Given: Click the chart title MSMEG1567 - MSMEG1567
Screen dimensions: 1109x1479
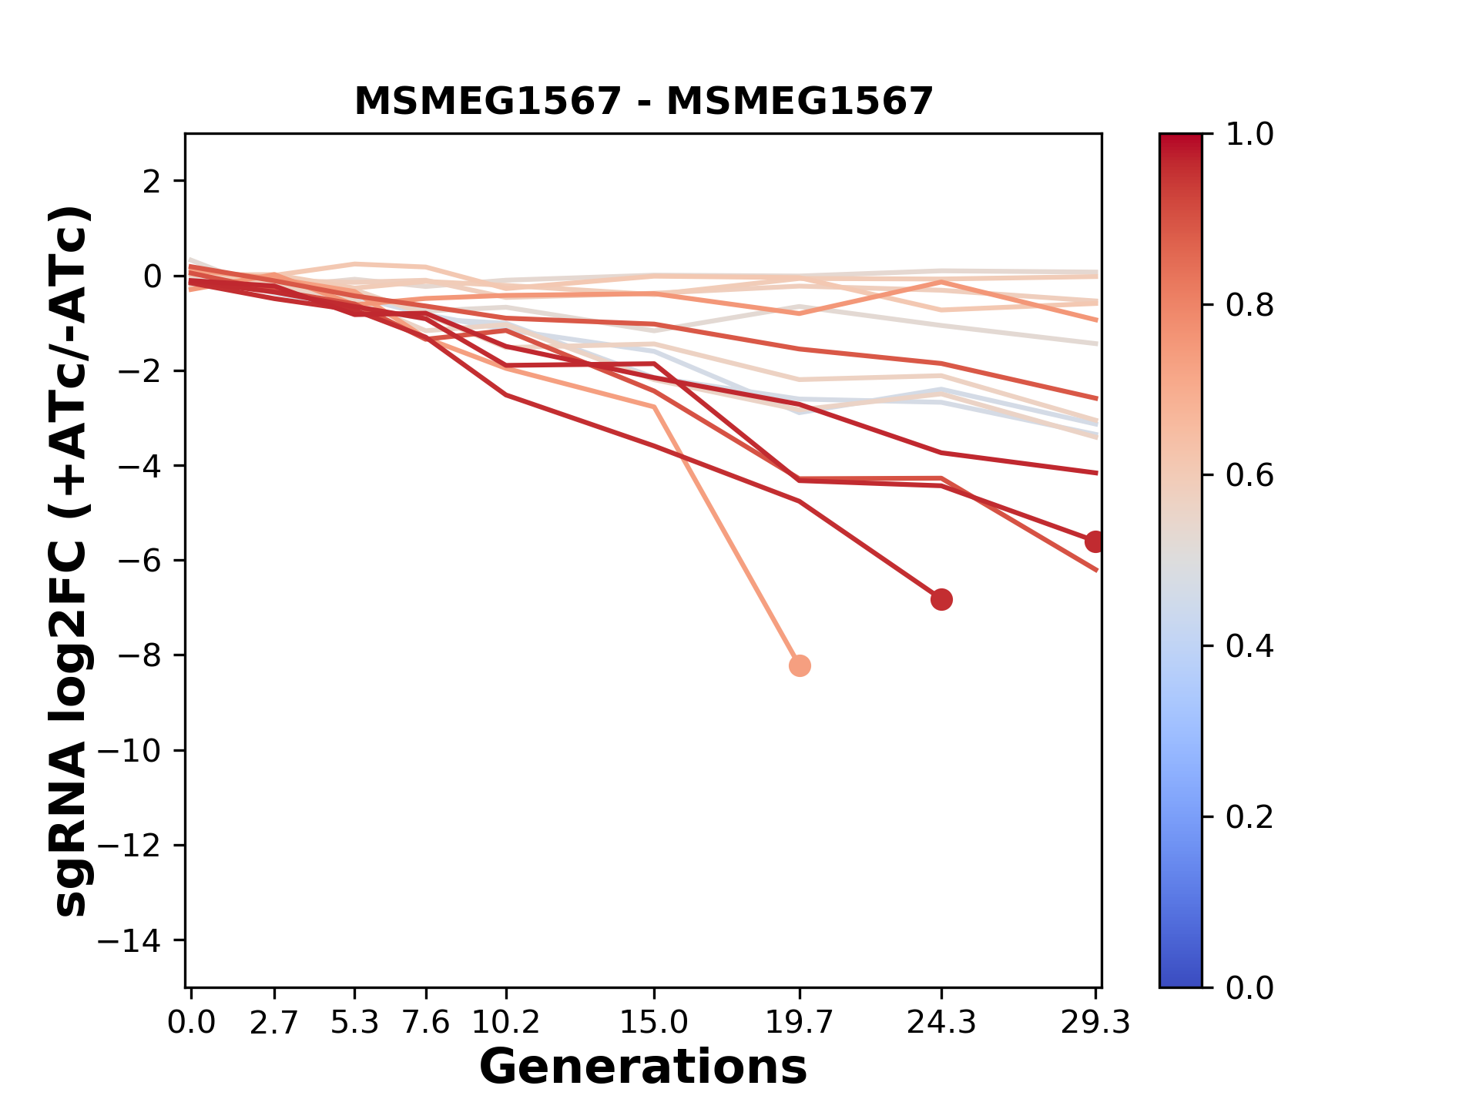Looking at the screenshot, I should tap(643, 102).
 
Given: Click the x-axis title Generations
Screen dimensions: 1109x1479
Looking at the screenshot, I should tap(643, 1067).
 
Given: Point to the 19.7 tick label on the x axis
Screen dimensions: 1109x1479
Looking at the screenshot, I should tap(800, 1023).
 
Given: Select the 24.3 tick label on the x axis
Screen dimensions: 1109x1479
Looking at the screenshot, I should tap(941, 1023).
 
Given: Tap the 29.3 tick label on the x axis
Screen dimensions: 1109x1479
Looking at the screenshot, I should tap(1095, 1023).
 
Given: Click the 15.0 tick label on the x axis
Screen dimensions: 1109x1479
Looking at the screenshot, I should tap(654, 1023).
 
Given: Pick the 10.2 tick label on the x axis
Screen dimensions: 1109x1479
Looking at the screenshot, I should tap(505, 1023).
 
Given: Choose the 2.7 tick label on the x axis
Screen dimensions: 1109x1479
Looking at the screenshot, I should tap(274, 1023).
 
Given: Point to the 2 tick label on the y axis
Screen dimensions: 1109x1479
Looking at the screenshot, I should tap(152, 182).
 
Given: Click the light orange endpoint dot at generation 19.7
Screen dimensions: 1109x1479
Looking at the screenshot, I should tap(800, 665).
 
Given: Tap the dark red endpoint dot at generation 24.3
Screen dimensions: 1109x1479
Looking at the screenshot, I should tap(941, 599).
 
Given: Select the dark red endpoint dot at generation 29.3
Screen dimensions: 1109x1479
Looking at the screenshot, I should tap(1094, 541).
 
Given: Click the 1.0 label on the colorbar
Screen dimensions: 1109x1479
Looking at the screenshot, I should tap(1249, 135).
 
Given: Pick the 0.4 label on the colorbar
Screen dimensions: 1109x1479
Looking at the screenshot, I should tap(1249, 646).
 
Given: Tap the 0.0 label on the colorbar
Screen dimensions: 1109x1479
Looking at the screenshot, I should tap(1249, 987).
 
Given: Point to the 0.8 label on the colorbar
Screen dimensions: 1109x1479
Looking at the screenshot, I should tap(1249, 306).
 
